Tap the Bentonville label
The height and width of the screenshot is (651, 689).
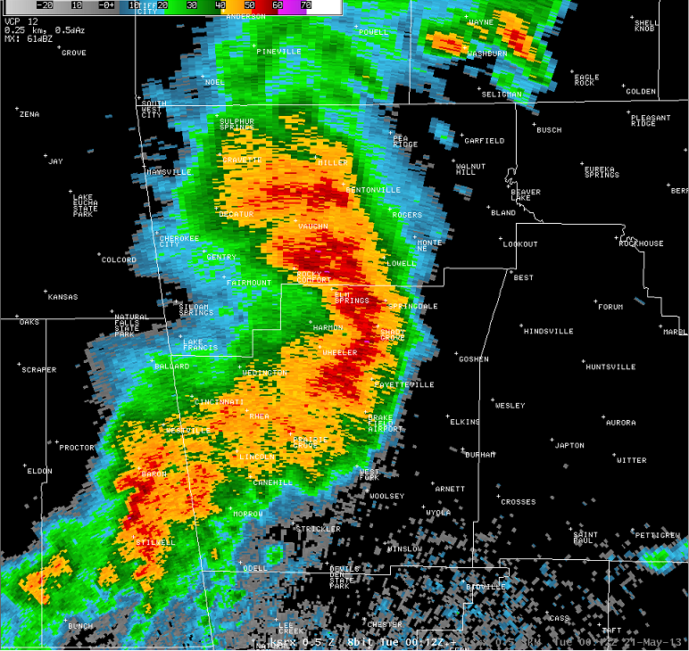[x=374, y=190]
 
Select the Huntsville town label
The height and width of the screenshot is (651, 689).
[x=610, y=367]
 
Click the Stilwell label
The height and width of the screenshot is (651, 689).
[x=155, y=542]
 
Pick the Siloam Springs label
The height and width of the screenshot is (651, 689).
[x=195, y=309]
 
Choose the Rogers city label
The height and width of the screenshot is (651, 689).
[x=407, y=215]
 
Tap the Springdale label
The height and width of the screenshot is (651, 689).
[x=413, y=306]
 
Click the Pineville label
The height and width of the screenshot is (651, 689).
[x=278, y=52]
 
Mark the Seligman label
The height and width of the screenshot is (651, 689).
[x=502, y=94]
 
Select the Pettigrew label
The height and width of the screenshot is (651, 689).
[x=658, y=535]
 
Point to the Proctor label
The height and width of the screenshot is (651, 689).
[x=77, y=448]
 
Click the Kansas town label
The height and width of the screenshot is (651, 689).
[x=62, y=297]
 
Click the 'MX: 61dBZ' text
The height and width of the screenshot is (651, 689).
[x=26, y=39]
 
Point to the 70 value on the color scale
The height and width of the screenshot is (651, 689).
[x=305, y=5]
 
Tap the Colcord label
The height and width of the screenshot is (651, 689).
[x=119, y=260]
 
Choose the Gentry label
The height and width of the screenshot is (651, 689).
[x=221, y=258]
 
